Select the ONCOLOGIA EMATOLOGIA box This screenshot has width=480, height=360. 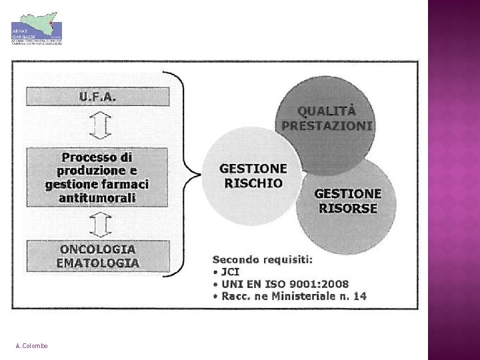point(97,255)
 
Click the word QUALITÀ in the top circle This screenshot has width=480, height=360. point(326,111)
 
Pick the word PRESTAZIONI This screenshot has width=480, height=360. point(327,125)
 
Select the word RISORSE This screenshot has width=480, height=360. point(347,208)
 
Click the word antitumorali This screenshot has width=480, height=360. point(97,197)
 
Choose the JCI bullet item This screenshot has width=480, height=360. point(230,271)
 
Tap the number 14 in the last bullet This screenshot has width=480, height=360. point(359,295)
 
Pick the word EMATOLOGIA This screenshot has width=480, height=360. point(98,262)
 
